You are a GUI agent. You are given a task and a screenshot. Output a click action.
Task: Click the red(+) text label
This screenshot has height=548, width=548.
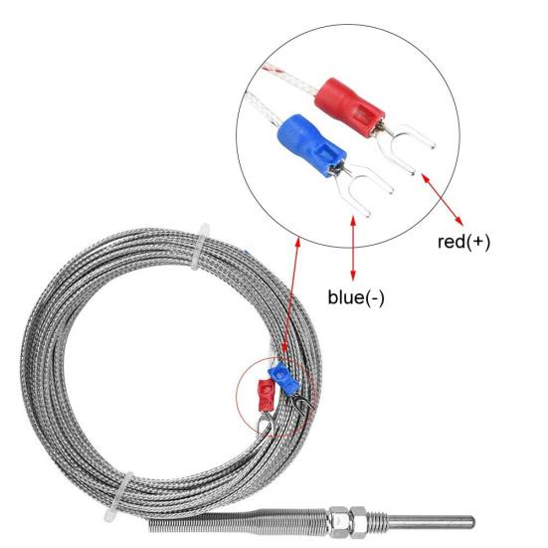pyautogui.click(x=463, y=242)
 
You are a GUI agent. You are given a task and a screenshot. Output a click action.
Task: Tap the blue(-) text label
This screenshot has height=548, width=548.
pyautogui.click(x=356, y=296)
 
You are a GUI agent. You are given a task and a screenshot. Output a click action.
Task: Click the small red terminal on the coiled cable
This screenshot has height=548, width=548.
pyautogui.click(x=267, y=396)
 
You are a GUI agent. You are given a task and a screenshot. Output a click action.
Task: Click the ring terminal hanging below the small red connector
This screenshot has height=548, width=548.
pyautogui.click(x=265, y=425)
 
